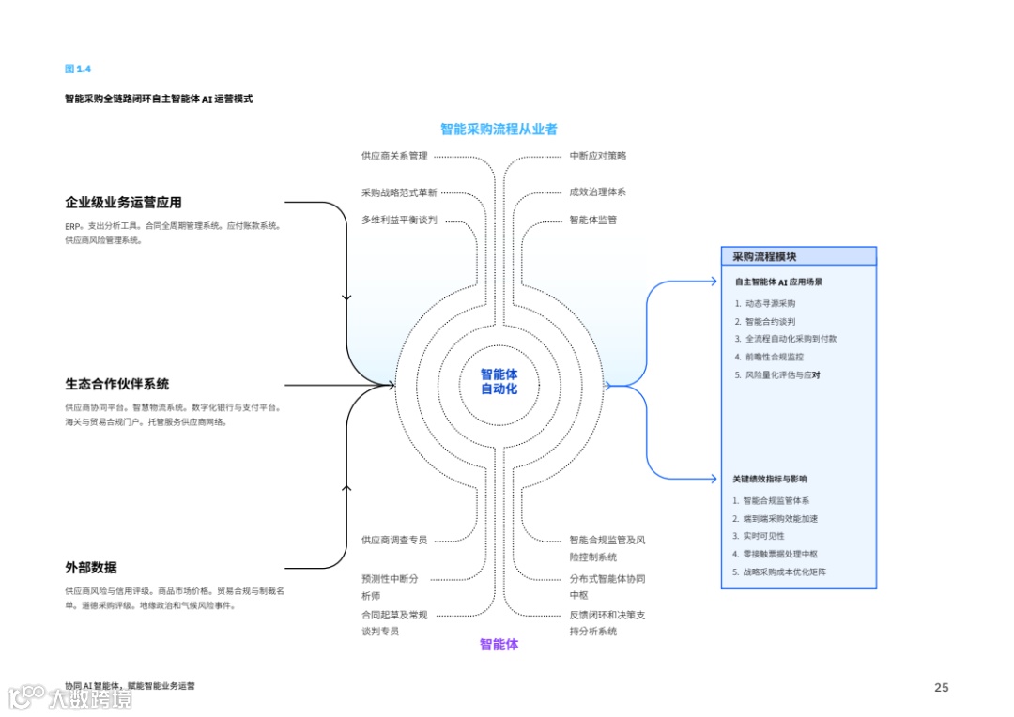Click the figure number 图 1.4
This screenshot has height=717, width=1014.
coord(77,69)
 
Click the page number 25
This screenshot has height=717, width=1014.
coord(941,687)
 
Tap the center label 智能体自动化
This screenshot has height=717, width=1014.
coord(499,381)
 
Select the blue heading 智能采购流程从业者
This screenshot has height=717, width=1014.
coord(499,129)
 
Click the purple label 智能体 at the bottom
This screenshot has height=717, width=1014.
coord(499,644)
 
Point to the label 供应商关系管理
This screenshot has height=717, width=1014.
coord(394,156)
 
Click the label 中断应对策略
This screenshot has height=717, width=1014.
coord(597,156)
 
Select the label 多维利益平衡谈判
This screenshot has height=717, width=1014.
coord(399,221)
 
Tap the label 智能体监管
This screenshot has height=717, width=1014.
coord(592,221)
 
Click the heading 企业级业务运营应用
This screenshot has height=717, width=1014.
coord(123,202)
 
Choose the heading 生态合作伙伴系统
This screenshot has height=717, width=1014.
coord(117,384)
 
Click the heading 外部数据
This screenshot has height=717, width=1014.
coord(91,567)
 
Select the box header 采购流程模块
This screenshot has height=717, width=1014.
coord(764,256)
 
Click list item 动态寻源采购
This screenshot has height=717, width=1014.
coord(770,303)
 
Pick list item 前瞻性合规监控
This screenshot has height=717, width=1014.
coord(774,357)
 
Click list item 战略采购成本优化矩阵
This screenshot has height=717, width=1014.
coord(785,572)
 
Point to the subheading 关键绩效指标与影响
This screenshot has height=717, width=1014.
coord(770,479)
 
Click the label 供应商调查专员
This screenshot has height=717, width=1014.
coord(394,540)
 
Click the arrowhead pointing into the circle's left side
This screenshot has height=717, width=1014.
coord(391,384)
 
